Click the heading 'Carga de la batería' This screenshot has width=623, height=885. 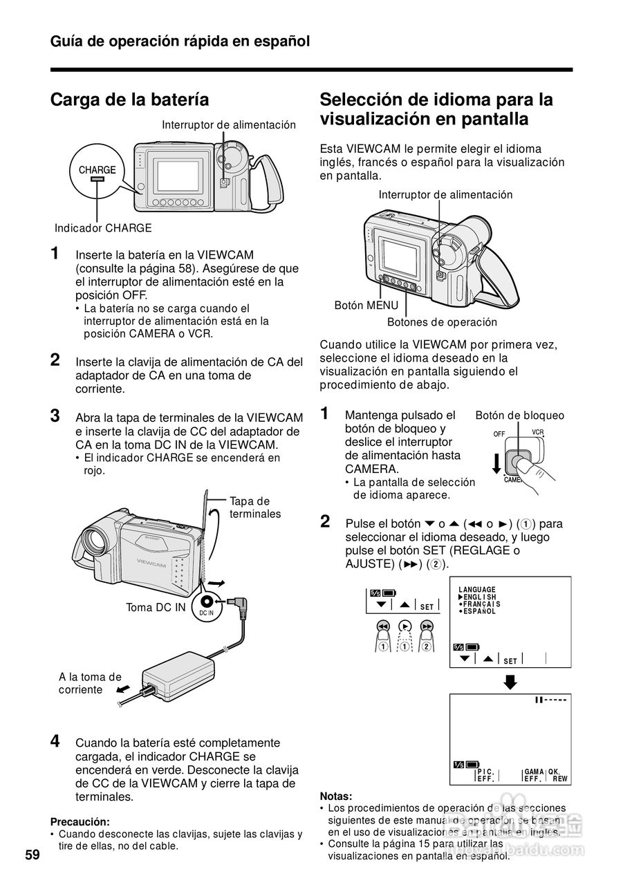pyautogui.click(x=129, y=100)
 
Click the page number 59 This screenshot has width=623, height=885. pyautogui.click(x=32, y=855)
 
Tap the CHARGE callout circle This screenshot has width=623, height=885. pyautogui.click(x=97, y=173)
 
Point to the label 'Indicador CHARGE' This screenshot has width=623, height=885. pyautogui.click(x=103, y=228)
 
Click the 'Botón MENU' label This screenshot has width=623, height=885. pyautogui.click(x=366, y=305)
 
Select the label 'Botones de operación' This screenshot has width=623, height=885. pyautogui.click(x=442, y=322)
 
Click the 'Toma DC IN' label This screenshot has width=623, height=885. pyautogui.click(x=156, y=608)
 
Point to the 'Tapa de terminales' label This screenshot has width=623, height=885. pyautogui.click(x=255, y=507)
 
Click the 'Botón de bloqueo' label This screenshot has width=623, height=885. pyautogui.click(x=519, y=416)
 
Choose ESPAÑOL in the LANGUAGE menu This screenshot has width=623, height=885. pyautogui.click(x=479, y=611)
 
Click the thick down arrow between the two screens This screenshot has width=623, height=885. pyautogui.click(x=510, y=682)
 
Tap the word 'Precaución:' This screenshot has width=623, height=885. pyautogui.click(x=80, y=822)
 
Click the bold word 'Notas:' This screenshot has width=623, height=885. pyautogui.click(x=336, y=796)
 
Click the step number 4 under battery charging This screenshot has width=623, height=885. pyautogui.click(x=55, y=741)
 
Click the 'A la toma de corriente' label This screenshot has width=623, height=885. pyautogui.click(x=90, y=683)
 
